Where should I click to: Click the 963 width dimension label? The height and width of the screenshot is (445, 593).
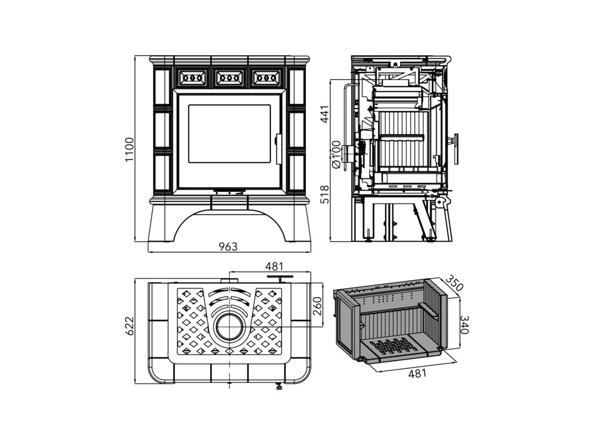(228, 247)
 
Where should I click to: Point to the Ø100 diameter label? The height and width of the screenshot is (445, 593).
(335, 154)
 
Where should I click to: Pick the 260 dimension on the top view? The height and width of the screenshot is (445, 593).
(317, 306)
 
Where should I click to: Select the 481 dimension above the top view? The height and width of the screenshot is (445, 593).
(274, 267)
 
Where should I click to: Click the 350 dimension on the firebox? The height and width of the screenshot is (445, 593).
(456, 284)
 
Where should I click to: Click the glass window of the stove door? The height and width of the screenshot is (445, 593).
(229, 134)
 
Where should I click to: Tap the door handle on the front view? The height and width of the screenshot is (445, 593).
(277, 148)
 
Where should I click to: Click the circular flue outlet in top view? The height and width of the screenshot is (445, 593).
(231, 326)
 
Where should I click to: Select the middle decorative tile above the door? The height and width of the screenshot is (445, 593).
(229, 77)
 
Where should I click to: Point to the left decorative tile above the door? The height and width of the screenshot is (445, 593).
(192, 77)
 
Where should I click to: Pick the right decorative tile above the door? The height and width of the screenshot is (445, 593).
(266, 77)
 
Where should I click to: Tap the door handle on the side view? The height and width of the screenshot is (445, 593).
(456, 149)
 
